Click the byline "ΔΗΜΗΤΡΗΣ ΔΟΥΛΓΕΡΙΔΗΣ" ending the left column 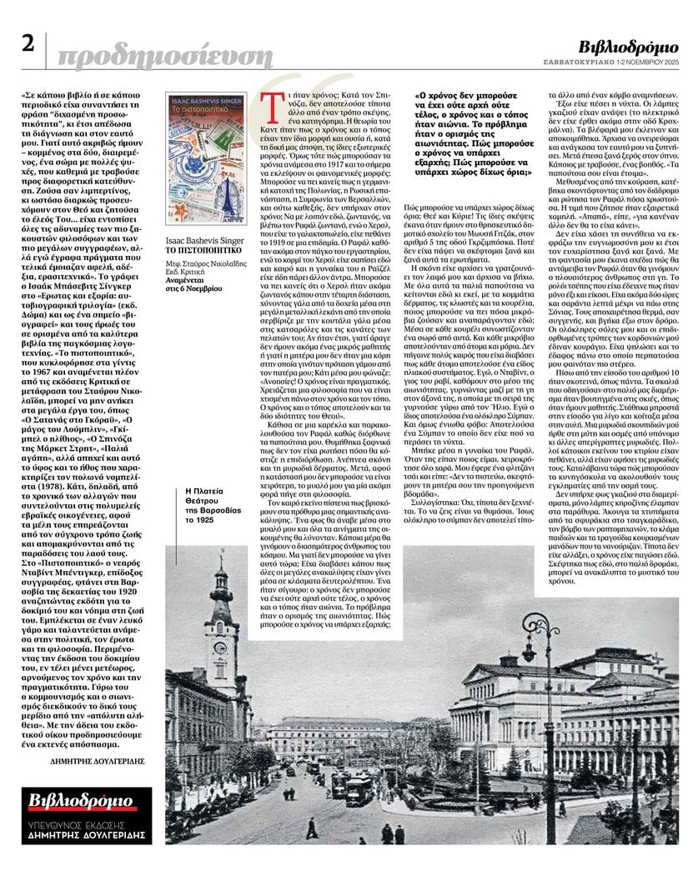point(93,760)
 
